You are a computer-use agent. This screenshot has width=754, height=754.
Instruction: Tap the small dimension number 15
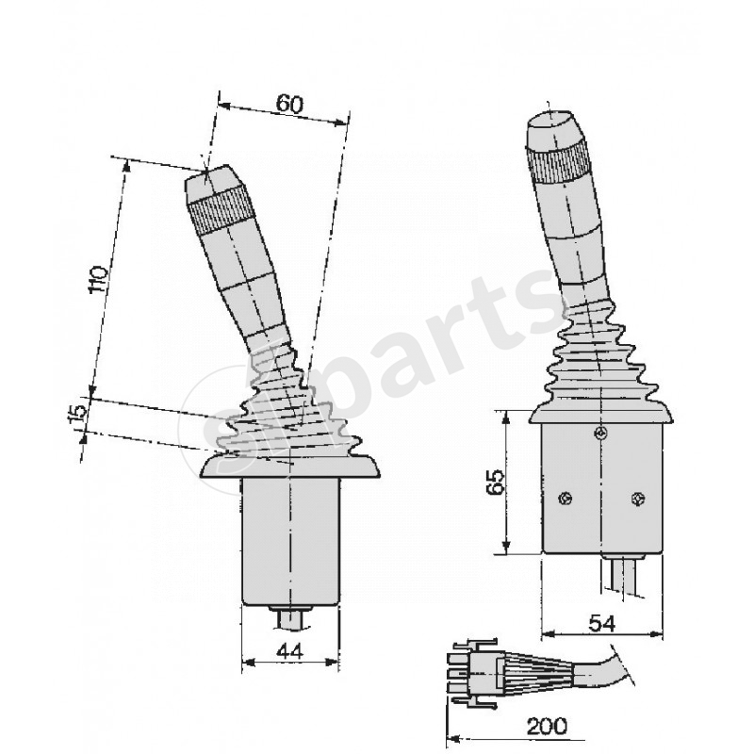tap(77, 412)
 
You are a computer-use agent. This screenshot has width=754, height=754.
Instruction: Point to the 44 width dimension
tap(290, 651)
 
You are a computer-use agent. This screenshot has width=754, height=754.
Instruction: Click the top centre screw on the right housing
tap(600, 433)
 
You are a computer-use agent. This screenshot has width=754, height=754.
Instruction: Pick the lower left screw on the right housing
tap(564, 500)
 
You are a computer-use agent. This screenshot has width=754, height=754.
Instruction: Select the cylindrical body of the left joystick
tap(289, 542)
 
